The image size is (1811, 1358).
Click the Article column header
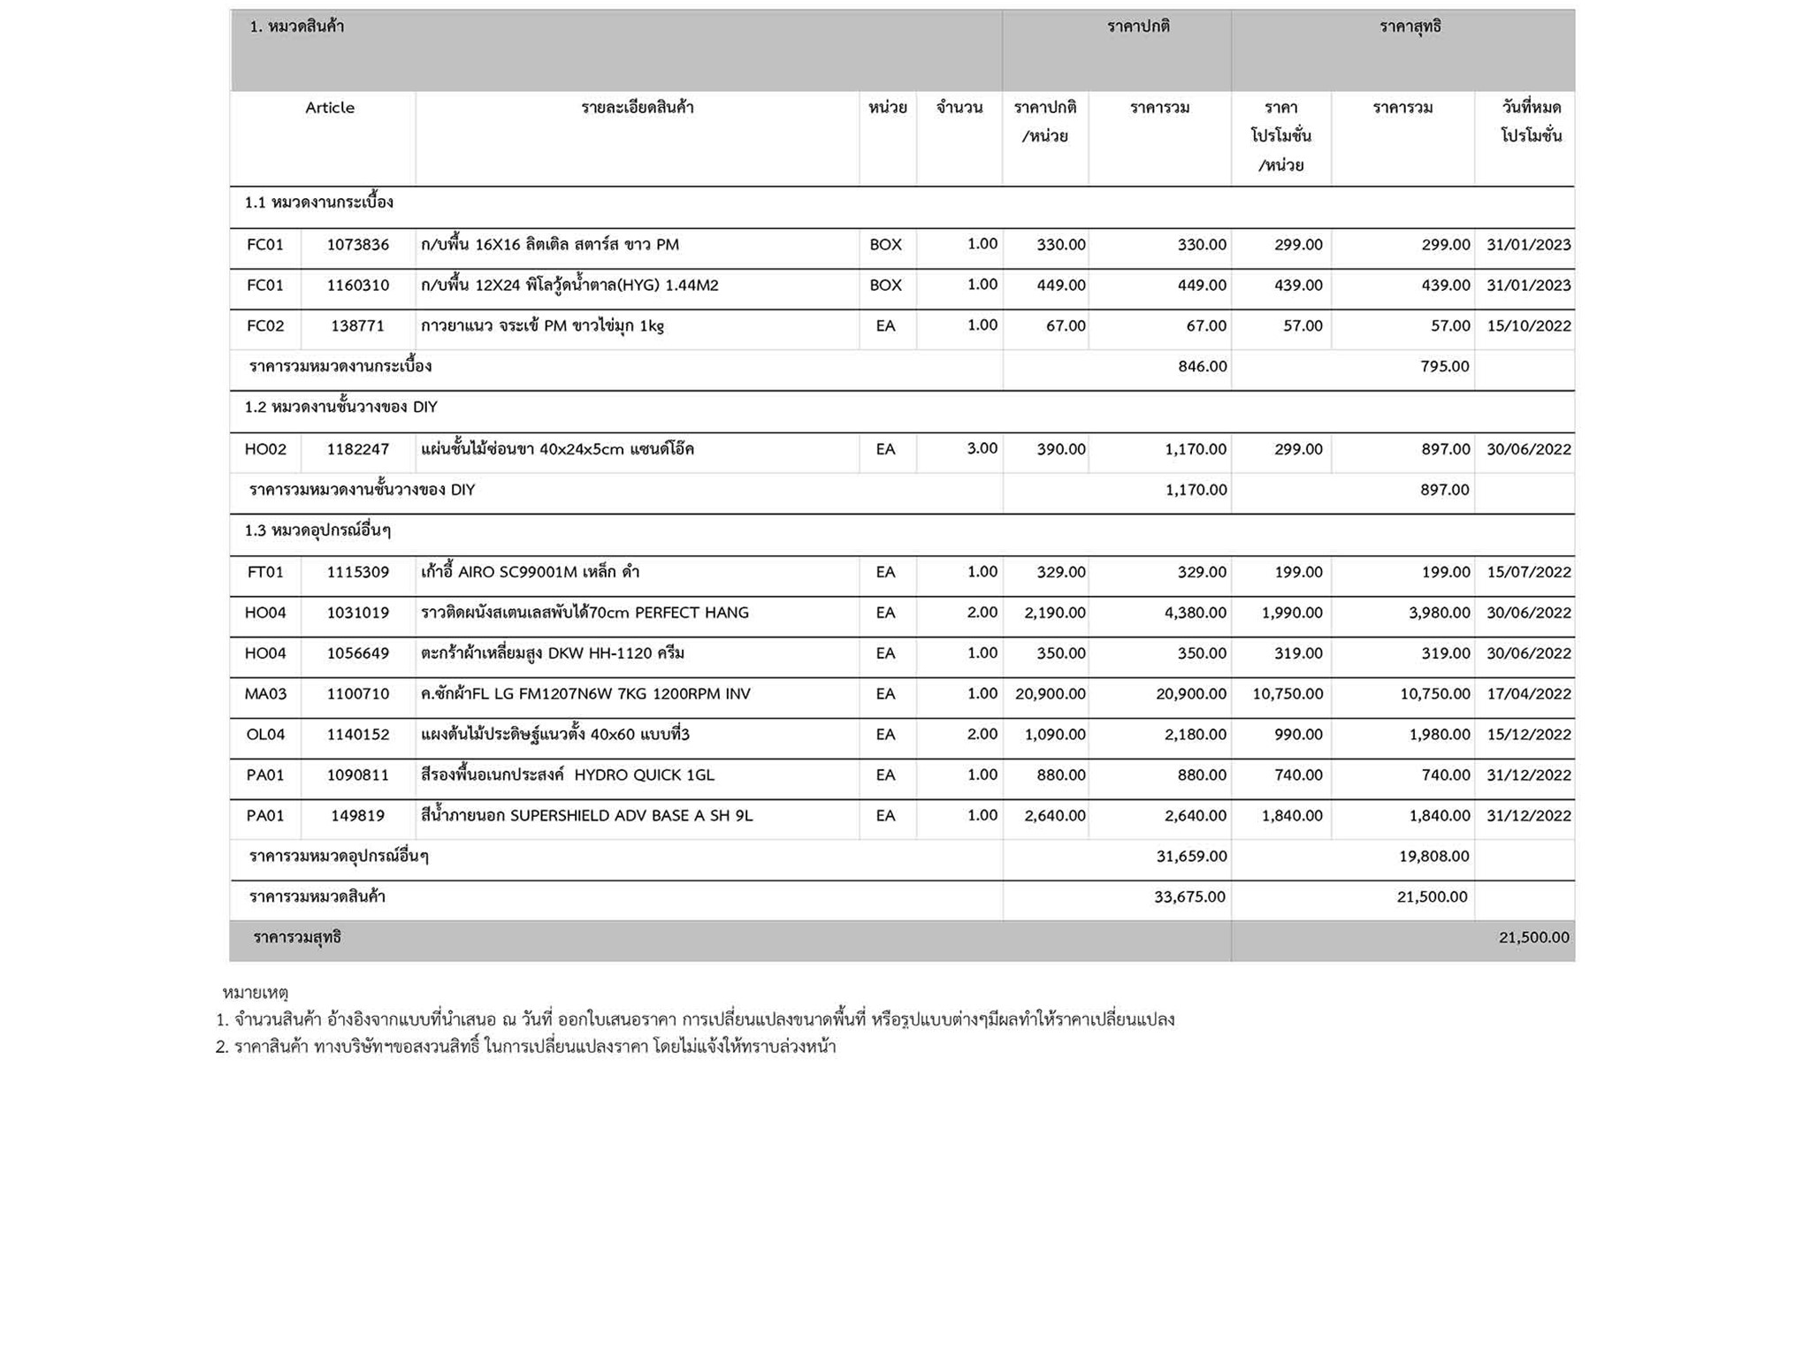[x=329, y=108]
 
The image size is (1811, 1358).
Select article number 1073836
[x=357, y=245]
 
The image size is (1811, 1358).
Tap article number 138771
[x=357, y=326]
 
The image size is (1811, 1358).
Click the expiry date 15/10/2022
[x=1528, y=326]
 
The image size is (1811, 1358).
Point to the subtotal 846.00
[x=1202, y=367]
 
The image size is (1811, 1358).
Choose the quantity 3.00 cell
[x=982, y=448]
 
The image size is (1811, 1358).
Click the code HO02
[x=265, y=449]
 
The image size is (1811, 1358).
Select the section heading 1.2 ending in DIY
[x=340, y=408]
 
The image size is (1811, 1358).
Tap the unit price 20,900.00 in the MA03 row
[x=1050, y=694]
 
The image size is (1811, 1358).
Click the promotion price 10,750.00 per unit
[x=1287, y=694]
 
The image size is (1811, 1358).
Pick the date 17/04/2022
[x=1528, y=694]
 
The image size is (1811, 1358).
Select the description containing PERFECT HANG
[x=585, y=613]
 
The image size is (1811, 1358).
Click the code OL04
[x=265, y=735]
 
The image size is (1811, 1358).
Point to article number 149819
[x=357, y=816]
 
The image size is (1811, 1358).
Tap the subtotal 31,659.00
[x=1191, y=857]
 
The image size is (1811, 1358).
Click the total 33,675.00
[x=1189, y=897]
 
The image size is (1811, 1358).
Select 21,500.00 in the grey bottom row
[x=1533, y=938]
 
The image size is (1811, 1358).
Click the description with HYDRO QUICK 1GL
[x=567, y=775]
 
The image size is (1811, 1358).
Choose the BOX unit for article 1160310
[x=885, y=286]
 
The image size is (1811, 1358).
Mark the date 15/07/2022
[x=1528, y=572]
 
